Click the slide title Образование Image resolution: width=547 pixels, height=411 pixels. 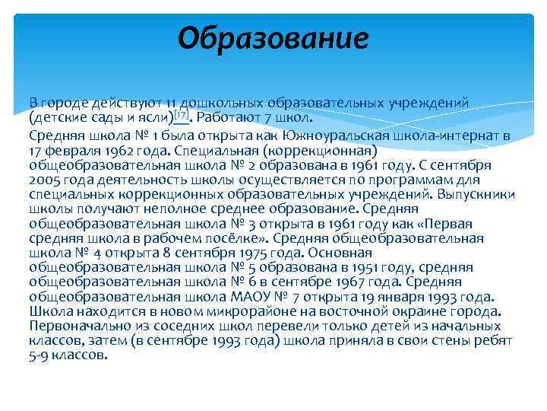point(273,37)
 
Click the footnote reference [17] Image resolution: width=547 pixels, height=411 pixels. point(181,116)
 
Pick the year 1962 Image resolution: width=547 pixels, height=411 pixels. point(115,150)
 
